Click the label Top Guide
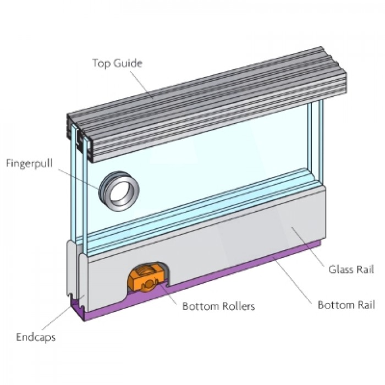coord(117,63)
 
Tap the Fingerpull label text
coord(29,163)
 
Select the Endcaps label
coord(36,337)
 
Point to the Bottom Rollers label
coord(218,306)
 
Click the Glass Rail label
coord(351,269)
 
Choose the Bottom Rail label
coord(346,305)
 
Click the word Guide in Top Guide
coord(128,63)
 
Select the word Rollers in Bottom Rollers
coord(238,306)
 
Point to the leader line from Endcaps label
coord(57,318)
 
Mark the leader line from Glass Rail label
coord(308,246)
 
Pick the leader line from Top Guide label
coord(142,85)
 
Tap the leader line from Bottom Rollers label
coord(167,293)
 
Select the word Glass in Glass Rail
coord(340,269)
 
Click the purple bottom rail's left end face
coord(78,309)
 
